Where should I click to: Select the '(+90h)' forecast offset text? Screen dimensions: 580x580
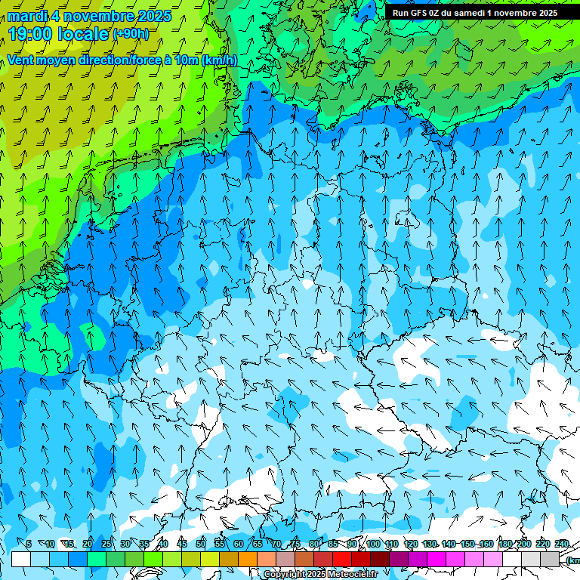tap(131, 34)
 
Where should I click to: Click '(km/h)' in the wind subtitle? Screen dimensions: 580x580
tap(219, 60)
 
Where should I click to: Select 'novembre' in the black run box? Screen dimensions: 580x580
tap(512, 13)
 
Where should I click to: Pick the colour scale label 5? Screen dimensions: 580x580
tap(29, 544)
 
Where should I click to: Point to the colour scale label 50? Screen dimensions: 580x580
tap(200, 544)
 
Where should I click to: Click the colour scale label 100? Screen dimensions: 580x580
tap(373, 544)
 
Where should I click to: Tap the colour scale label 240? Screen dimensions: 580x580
tap(562, 544)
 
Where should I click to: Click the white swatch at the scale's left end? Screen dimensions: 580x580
tap(21, 559)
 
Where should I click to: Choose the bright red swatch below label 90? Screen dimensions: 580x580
tap(342, 559)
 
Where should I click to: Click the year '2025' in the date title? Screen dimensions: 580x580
tap(153, 16)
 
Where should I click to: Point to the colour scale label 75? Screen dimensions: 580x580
tap(295, 544)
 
